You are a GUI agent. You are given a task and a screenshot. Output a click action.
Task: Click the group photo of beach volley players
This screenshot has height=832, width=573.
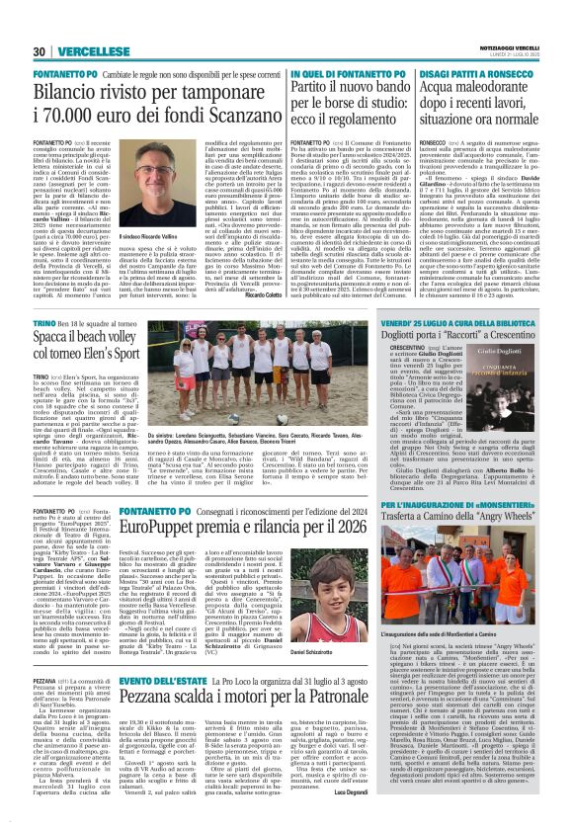pos(263,375)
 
